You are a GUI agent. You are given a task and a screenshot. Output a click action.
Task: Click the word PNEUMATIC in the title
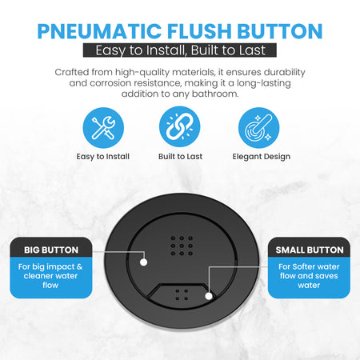(99, 31)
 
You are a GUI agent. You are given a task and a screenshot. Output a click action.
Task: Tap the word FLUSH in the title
(199, 31)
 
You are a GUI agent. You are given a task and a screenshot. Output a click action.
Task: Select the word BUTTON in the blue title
(280, 31)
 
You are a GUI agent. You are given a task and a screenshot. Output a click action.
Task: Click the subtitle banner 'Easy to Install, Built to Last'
(180, 50)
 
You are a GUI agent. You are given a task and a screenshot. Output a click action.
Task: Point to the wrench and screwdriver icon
(103, 128)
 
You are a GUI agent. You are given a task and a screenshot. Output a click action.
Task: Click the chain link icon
(180, 126)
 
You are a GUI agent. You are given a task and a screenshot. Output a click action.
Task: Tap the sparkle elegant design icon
(258, 128)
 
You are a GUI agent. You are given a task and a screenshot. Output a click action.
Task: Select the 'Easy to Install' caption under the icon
(103, 157)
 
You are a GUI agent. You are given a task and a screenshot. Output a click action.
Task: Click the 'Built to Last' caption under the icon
(180, 156)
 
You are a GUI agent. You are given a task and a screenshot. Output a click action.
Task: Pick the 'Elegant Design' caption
(262, 157)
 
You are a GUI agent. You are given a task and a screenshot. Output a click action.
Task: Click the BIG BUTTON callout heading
(51, 250)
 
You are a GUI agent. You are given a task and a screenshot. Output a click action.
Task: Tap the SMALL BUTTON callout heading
(310, 250)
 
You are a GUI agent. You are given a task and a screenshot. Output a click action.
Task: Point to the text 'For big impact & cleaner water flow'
(50, 276)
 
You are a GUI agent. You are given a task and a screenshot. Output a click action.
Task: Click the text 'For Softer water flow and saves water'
(309, 276)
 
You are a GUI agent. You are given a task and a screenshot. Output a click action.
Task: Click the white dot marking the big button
(144, 262)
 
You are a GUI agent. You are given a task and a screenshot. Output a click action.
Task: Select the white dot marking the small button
(209, 296)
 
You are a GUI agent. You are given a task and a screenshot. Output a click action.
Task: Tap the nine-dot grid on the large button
(182, 246)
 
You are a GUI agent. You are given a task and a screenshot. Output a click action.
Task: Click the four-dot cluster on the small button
(182, 294)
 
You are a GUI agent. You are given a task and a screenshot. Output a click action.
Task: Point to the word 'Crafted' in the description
(72, 72)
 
